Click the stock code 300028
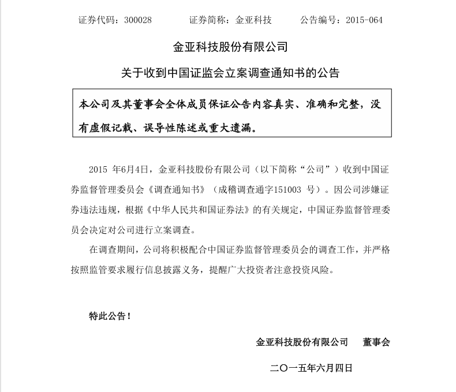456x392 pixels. [x=138, y=20]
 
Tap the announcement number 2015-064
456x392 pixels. [x=364, y=20]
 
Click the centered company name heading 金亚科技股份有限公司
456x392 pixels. [x=230, y=47]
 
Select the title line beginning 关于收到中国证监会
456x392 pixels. [x=230, y=73]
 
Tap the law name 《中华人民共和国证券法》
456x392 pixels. [x=210, y=210]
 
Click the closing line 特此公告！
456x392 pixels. [x=110, y=316]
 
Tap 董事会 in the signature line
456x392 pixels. [x=376, y=342]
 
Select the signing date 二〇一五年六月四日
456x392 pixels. [x=311, y=368]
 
